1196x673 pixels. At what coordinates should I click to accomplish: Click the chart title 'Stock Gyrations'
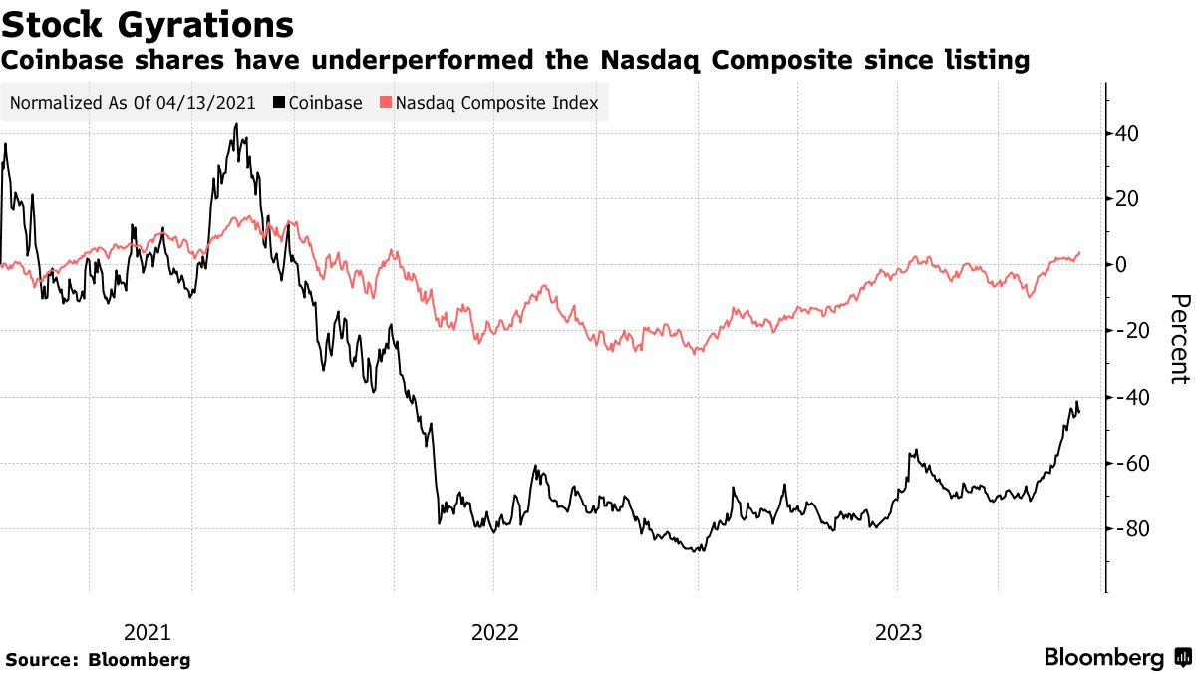[x=148, y=24]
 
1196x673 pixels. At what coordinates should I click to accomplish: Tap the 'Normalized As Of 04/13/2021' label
[x=133, y=103]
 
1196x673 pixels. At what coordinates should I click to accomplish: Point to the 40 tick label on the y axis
[x=1128, y=134]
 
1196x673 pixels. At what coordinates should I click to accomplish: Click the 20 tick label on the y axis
[x=1128, y=199]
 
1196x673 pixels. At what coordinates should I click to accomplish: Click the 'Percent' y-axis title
[x=1179, y=339]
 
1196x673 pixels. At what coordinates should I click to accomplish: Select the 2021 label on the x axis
[x=148, y=632]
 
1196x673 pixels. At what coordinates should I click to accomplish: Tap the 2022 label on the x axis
[x=495, y=632]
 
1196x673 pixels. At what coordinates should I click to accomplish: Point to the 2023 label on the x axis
[x=898, y=632]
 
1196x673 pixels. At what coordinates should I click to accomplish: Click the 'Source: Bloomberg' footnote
[x=98, y=659]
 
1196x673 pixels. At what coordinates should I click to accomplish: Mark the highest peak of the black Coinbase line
[x=235, y=124]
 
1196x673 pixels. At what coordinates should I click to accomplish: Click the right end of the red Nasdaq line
[x=1079, y=252]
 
